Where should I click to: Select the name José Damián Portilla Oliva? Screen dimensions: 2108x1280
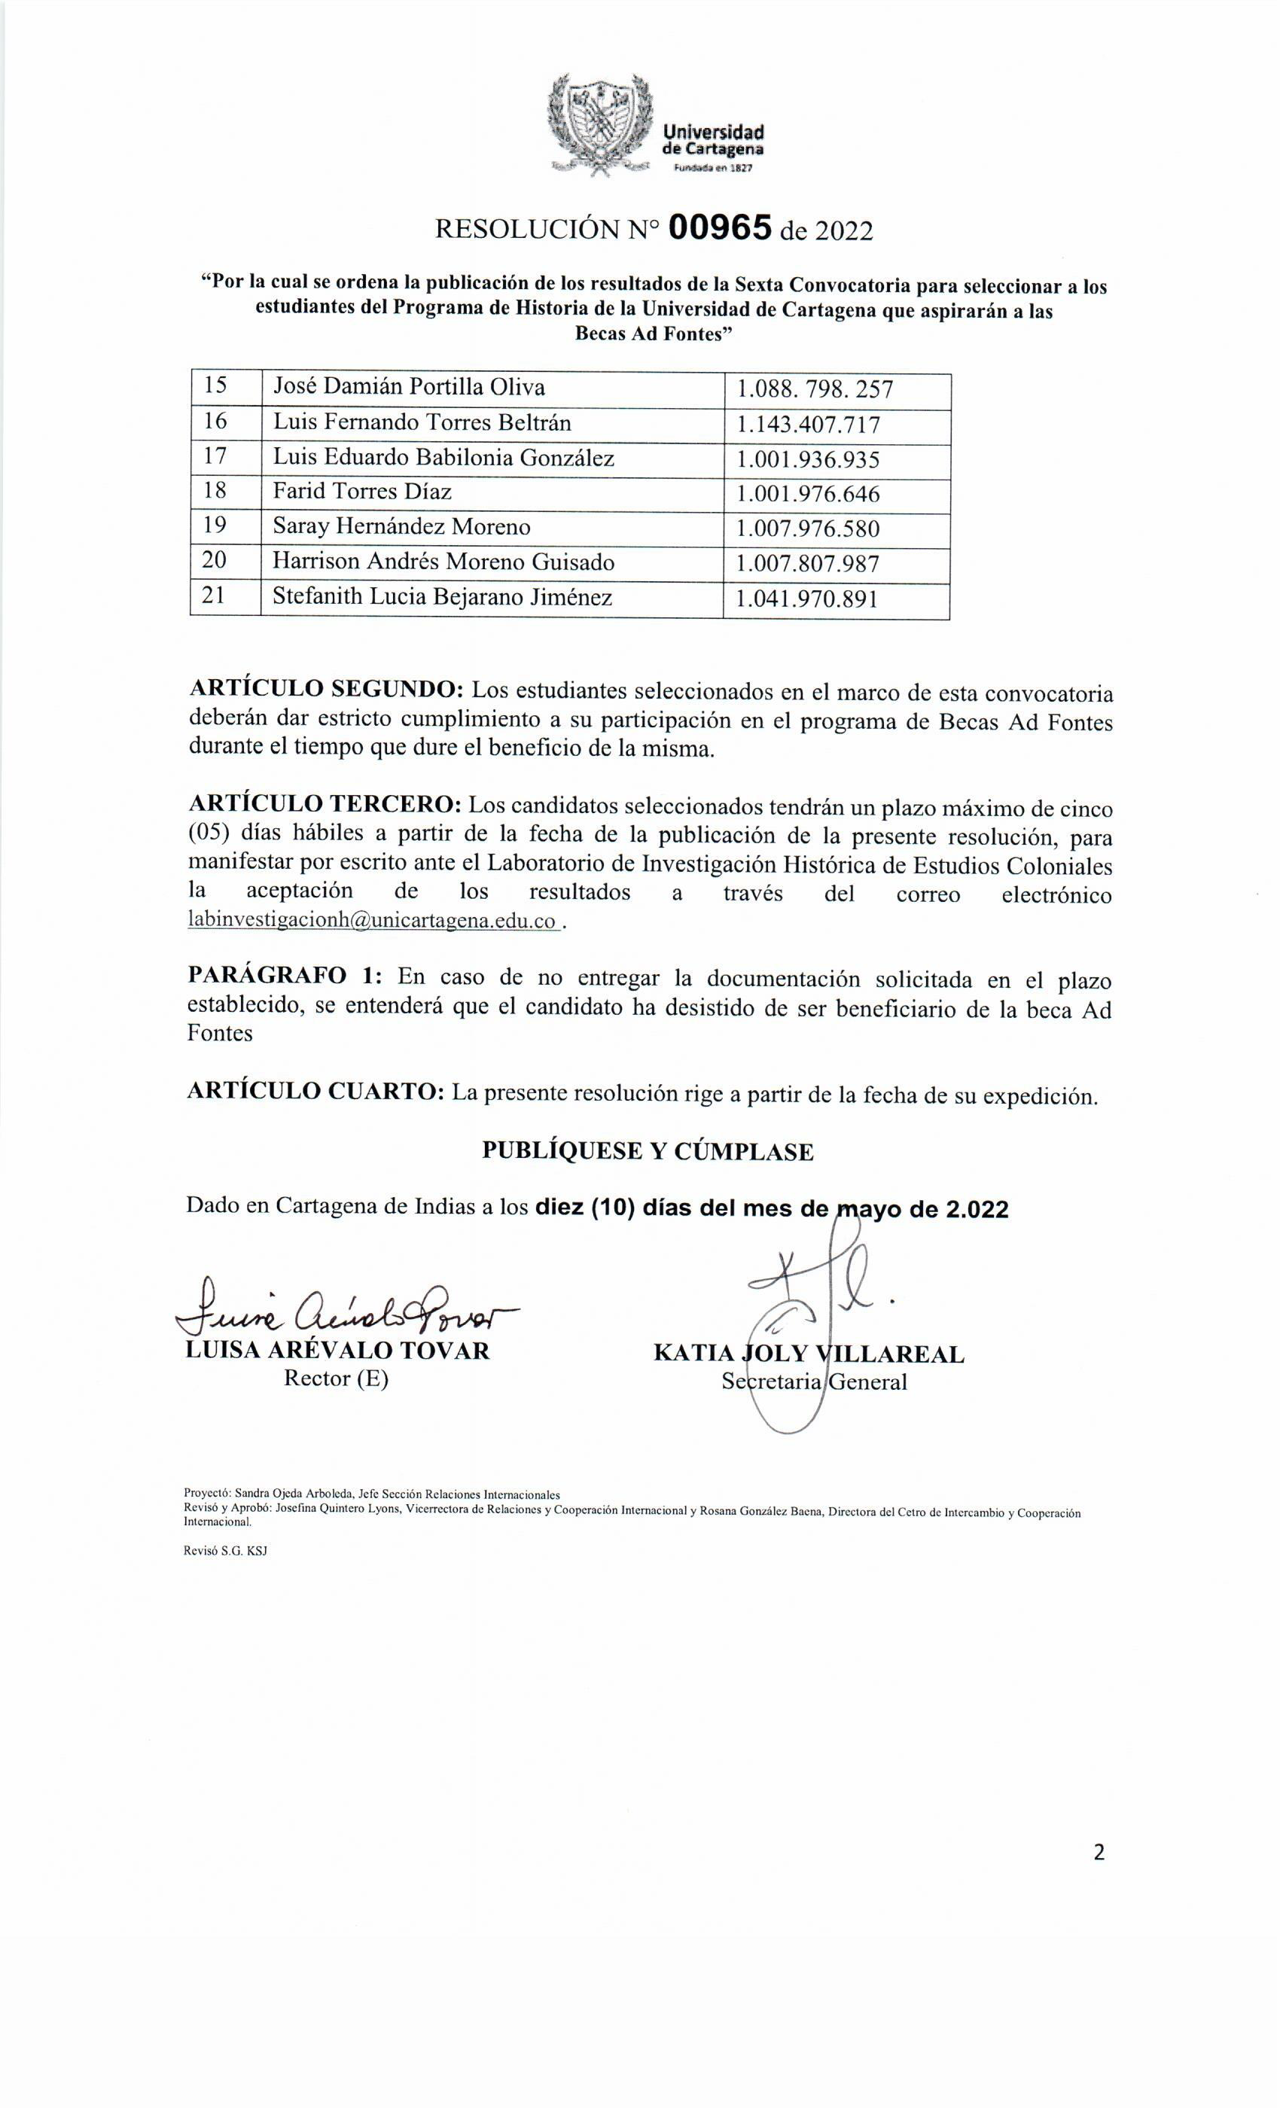point(408,388)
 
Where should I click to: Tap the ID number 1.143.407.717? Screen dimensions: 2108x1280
point(808,425)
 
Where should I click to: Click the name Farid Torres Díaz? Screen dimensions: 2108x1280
point(362,492)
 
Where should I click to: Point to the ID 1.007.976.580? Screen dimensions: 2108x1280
point(808,529)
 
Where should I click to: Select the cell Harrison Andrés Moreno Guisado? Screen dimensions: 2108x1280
point(443,563)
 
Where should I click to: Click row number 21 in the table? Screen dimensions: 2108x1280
point(214,597)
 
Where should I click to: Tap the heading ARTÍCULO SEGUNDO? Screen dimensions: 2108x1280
point(326,690)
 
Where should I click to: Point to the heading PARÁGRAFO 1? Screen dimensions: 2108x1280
point(288,978)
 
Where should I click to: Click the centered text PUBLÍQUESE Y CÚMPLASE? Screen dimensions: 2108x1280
point(648,1152)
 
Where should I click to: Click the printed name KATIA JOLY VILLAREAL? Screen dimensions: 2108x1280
point(809,1354)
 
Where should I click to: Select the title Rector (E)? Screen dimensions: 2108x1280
point(337,1378)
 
